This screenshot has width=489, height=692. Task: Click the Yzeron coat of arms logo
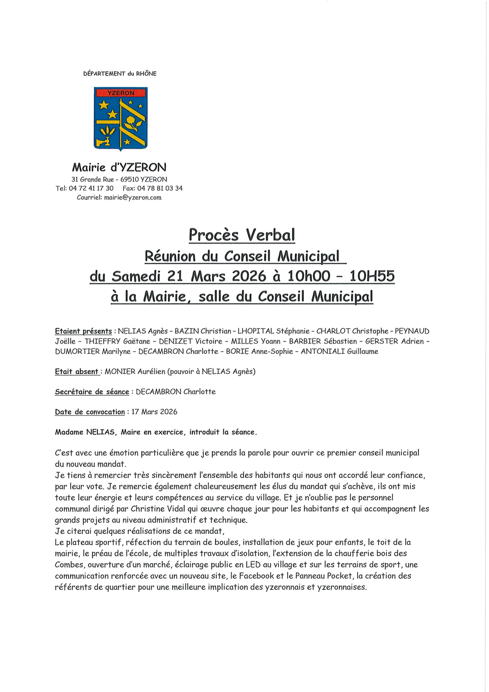(121, 118)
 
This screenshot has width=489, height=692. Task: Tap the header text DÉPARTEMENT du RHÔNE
(120, 73)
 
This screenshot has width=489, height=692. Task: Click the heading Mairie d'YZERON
(120, 167)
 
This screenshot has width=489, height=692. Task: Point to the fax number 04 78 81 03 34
(160, 188)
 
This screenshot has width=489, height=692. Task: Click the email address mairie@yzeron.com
(133, 198)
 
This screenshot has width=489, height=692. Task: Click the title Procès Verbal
(242, 235)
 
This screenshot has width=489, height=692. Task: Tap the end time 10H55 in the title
(372, 276)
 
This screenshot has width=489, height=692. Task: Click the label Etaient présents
(84, 331)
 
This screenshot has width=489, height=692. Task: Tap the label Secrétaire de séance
(92, 392)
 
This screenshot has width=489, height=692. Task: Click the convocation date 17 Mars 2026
(154, 412)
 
